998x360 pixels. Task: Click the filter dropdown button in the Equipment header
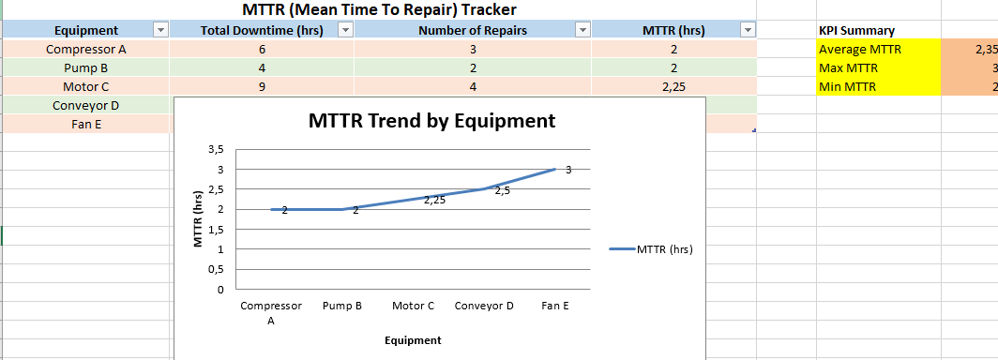tap(160, 30)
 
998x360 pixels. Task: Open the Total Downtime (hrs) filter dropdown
tap(345, 30)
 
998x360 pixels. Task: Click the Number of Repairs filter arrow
tap(582, 30)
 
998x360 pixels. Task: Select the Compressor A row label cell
tap(86, 49)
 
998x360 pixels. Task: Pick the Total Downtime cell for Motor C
tap(263, 86)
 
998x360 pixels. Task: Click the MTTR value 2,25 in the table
tap(674, 86)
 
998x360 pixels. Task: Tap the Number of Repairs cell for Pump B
tap(473, 68)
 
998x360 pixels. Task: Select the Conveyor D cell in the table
tap(86, 105)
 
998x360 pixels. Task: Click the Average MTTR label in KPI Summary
tap(851, 49)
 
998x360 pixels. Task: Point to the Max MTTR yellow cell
tap(879, 68)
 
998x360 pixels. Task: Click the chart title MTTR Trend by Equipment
tap(431, 121)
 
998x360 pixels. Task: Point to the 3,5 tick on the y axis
tap(217, 149)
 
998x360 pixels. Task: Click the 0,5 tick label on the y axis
tap(217, 270)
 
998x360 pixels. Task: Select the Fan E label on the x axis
tap(555, 306)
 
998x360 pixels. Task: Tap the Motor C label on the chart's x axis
tap(413, 306)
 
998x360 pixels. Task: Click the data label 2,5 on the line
tap(502, 191)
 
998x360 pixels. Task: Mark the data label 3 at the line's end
tap(568, 170)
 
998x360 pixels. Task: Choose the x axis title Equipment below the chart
tap(413, 340)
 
